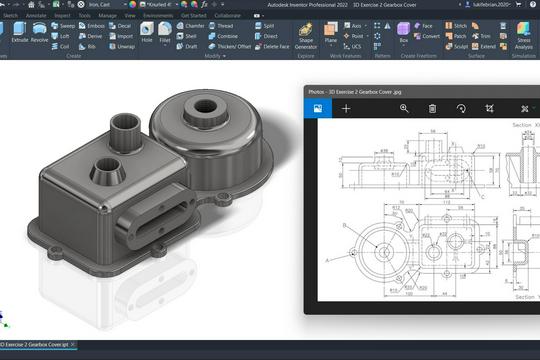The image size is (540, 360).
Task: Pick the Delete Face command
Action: click(x=273, y=46)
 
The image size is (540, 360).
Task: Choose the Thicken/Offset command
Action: click(x=233, y=46)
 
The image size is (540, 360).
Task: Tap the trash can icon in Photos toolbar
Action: click(x=433, y=107)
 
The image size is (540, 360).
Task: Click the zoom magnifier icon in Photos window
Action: click(x=404, y=107)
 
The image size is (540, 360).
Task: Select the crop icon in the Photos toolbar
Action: click(x=490, y=107)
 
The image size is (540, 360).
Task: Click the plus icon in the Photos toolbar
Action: click(x=346, y=107)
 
